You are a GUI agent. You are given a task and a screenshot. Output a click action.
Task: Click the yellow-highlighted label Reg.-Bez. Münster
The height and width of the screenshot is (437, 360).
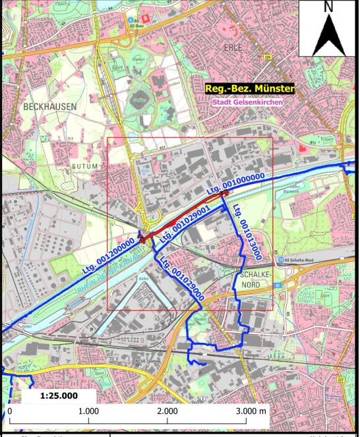click(249, 88)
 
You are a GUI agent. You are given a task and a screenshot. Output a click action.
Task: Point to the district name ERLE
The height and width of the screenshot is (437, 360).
click(233, 48)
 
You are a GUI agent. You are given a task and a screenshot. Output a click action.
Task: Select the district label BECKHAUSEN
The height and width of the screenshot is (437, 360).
click(49, 106)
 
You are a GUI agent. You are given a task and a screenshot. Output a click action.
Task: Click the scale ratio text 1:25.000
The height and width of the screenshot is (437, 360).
click(59, 396)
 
